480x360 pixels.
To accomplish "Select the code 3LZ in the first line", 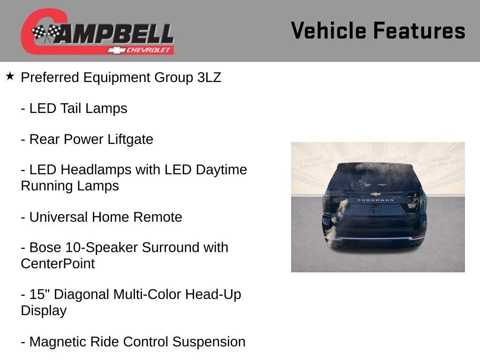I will tap(209, 78).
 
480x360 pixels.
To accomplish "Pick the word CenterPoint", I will tap(58, 263).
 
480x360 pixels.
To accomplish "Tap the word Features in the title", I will tap(419, 31).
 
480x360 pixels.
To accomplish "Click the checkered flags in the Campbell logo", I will tap(46, 33).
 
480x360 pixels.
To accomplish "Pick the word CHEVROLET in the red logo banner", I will tap(149, 50).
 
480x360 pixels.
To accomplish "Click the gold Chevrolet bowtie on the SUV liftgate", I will tap(375, 194).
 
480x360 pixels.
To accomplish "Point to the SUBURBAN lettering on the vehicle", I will tap(375, 200).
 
